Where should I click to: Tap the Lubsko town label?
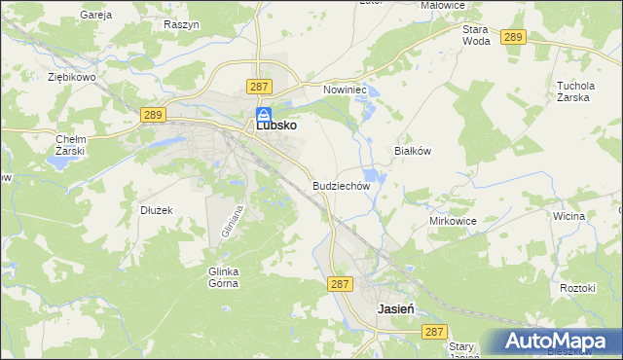(x=276, y=126)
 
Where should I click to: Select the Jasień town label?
(x=396, y=307)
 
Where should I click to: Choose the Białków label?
(x=412, y=152)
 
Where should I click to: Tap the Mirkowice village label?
(x=453, y=221)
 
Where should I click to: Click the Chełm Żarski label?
(x=71, y=145)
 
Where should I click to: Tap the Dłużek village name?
(x=156, y=209)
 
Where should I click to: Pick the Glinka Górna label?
(x=223, y=277)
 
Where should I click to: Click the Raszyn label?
(x=182, y=23)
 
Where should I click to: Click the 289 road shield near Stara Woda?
(x=515, y=37)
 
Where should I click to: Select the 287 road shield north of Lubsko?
(x=258, y=87)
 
